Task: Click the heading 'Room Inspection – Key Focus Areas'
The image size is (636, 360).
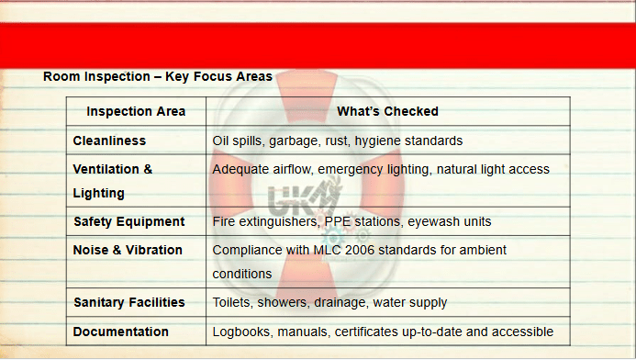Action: [157, 76]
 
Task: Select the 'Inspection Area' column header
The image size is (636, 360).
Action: [136, 111]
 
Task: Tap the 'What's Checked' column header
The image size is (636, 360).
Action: [387, 111]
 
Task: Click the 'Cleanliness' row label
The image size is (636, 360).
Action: [109, 141]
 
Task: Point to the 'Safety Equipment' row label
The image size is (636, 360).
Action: [129, 221]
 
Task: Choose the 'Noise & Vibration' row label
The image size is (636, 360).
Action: [128, 250]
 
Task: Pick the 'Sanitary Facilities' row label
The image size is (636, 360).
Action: [129, 302]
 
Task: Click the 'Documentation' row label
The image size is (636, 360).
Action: [120, 332]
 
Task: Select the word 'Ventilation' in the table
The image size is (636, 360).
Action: [106, 169]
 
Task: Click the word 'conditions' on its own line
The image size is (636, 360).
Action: [242, 274]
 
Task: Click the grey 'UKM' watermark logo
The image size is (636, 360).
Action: [304, 199]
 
